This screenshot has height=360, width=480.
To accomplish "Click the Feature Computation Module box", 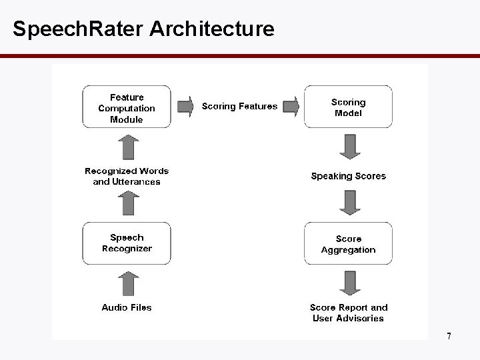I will tap(127, 107).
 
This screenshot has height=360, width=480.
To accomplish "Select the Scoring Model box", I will tap(348, 107).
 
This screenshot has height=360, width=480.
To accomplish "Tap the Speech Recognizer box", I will tap(127, 243).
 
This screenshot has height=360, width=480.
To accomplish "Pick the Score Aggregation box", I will tap(348, 244).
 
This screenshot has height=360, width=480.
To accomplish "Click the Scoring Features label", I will tap(239, 107).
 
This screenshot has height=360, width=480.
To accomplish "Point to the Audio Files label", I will tap(127, 307).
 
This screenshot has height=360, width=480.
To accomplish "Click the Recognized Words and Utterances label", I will tap(127, 176).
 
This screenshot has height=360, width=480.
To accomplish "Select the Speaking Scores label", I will tap(348, 176).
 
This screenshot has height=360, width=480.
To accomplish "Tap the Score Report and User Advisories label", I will tap(348, 313).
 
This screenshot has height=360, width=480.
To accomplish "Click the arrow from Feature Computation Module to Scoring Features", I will tap(185, 107).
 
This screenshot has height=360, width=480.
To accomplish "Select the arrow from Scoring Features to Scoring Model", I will tap(291, 107).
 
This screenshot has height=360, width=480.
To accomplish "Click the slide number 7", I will tap(449, 336).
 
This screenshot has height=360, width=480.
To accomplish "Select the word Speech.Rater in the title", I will tap(79, 29).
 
